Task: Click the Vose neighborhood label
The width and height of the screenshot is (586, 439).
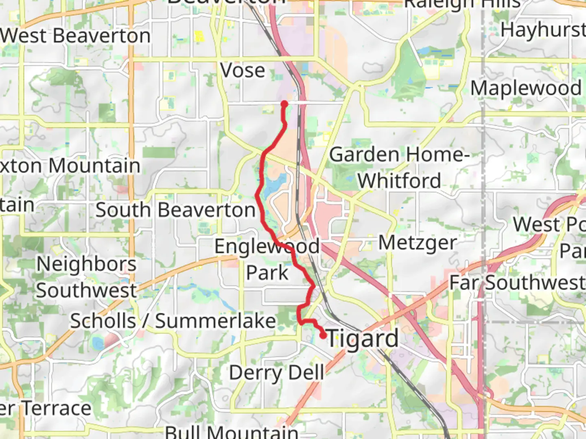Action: click(243, 71)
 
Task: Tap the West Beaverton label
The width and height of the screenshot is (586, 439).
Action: click(76, 36)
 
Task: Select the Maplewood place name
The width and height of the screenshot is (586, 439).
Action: click(526, 88)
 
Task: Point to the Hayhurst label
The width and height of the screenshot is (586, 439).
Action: click(543, 30)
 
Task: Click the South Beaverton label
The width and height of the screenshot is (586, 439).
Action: click(175, 210)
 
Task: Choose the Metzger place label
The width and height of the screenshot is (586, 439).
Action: click(418, 243)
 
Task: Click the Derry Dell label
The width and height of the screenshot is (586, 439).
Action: click(277, 373)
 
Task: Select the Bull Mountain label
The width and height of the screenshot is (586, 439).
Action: click(232, 432)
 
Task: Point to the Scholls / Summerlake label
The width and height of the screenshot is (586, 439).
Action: click(173, 321)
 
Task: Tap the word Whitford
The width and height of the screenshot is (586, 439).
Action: click(399, 181)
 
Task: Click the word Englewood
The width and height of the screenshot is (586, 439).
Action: click(267, 246)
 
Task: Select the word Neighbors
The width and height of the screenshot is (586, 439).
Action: click(87, 264)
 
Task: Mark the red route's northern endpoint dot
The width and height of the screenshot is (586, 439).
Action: click(284, 104)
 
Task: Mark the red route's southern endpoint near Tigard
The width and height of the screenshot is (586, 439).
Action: click(323, 336)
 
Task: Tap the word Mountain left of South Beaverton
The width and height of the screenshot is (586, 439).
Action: click(94, 166)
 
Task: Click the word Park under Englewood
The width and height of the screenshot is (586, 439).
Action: click(267, 273)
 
